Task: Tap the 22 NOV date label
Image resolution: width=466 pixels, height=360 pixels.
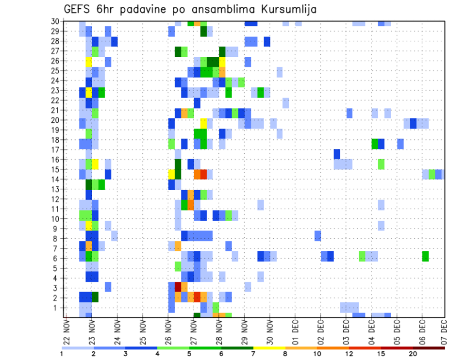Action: click(x=67, y=332)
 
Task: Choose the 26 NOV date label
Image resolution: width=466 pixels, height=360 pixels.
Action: click(x=168, y=332)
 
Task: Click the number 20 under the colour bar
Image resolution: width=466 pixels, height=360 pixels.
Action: click(x=413, y=353)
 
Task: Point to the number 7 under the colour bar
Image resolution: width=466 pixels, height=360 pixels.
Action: click(x=253, y=353)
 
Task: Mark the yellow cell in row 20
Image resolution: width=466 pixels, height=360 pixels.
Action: click(x=203, y=123)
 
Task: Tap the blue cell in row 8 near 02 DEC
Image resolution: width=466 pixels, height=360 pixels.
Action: click(x=317, y=236)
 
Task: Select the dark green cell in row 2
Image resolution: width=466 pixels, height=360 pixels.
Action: click(x=95, y=297)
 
